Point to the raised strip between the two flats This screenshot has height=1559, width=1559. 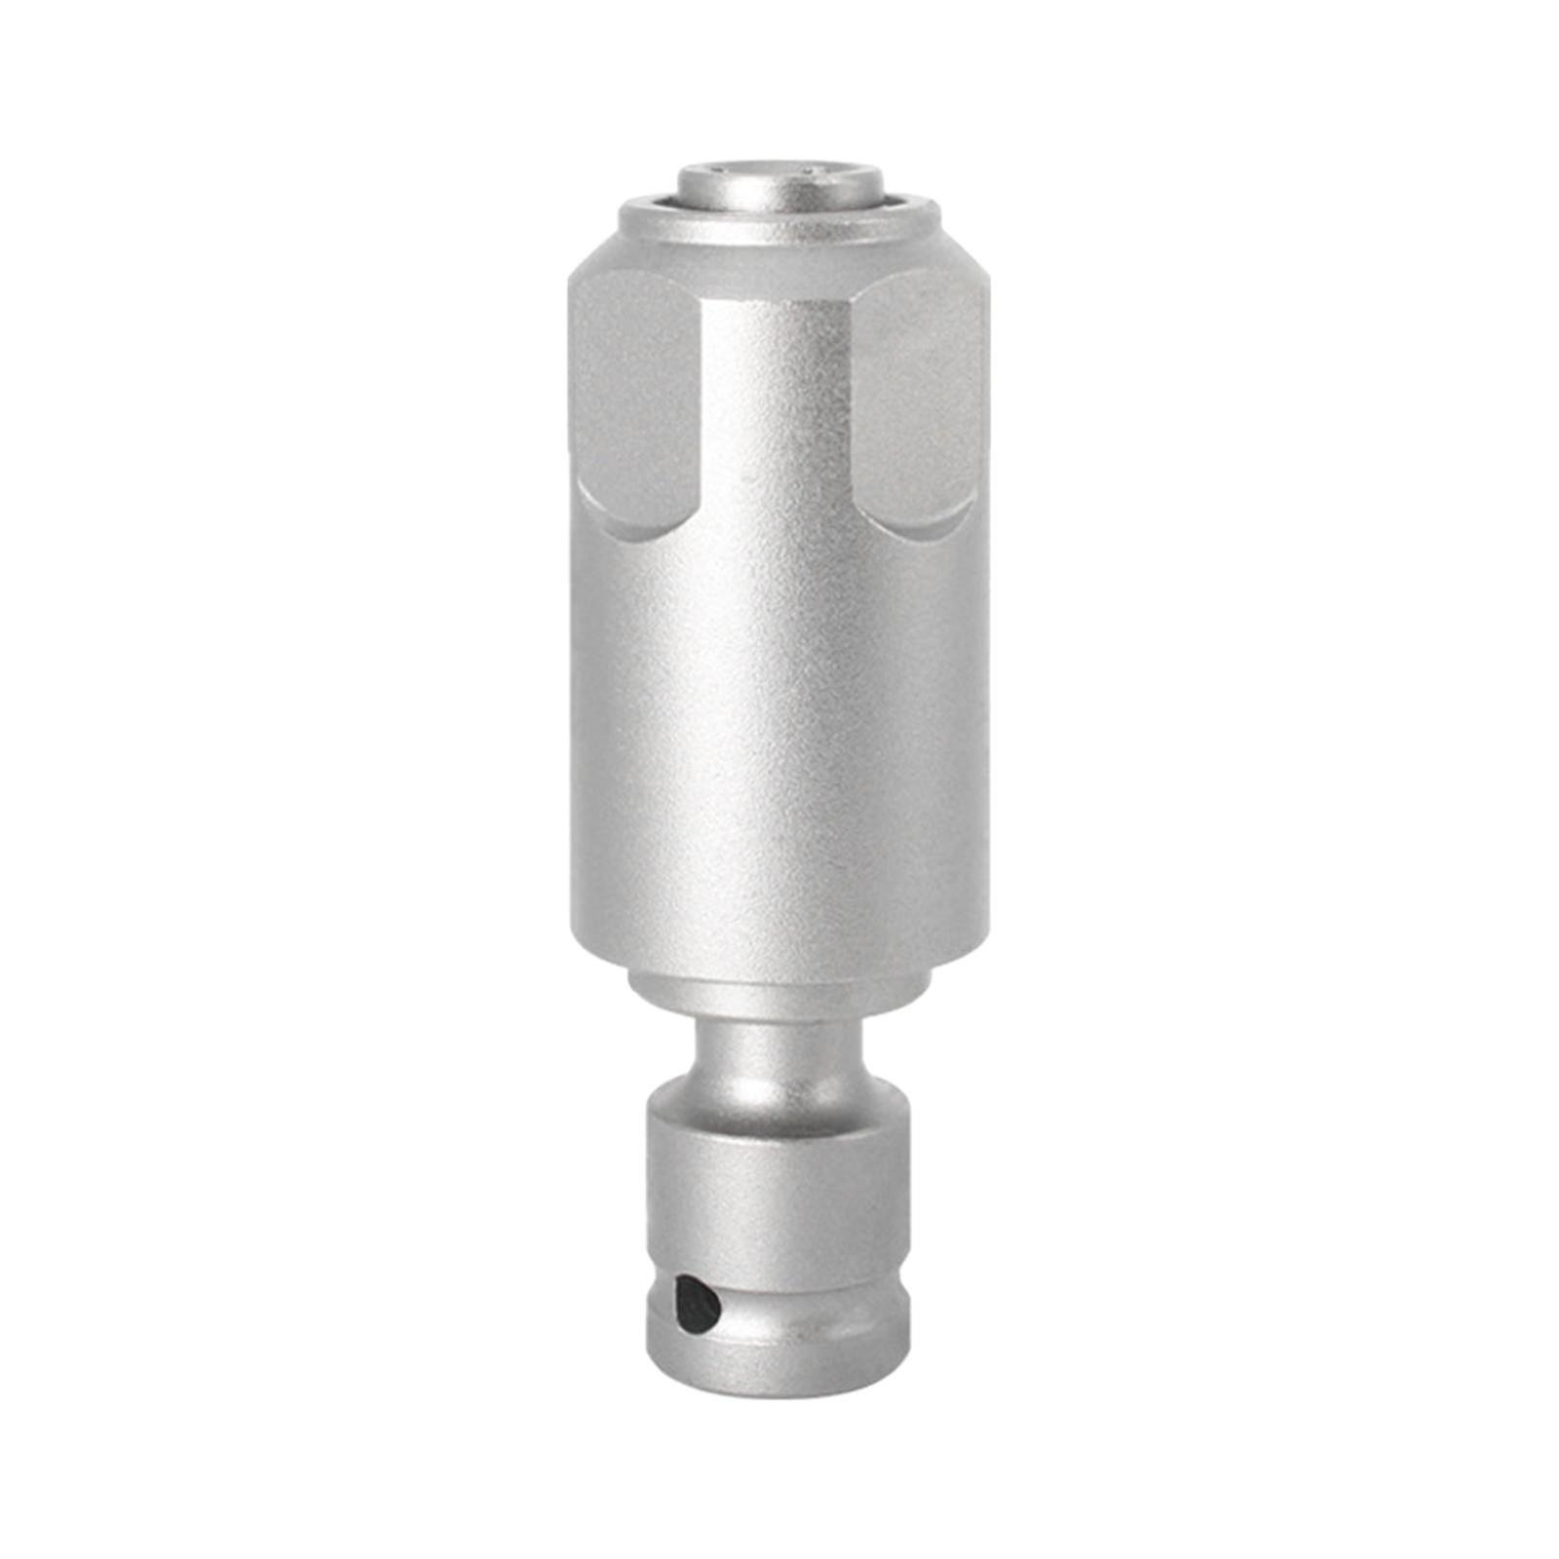point(779,409)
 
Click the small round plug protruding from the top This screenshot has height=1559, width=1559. point(780,185)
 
